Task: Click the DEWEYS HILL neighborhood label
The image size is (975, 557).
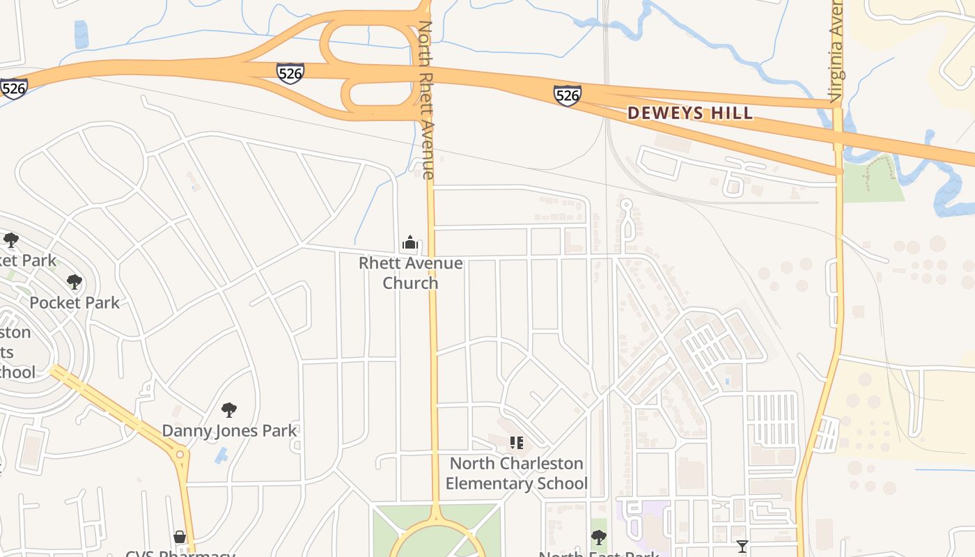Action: click(689, 113)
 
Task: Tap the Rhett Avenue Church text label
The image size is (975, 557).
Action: click(410, 273)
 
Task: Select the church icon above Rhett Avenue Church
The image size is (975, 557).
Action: click(410, 242)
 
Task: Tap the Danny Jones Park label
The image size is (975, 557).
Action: click(229, 431)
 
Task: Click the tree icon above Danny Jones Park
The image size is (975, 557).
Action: click(228, 410)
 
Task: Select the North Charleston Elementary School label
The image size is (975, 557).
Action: click(516, 473)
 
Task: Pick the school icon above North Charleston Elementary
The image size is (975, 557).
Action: click(516, 442)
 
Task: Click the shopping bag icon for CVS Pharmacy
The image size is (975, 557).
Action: click(180, 537)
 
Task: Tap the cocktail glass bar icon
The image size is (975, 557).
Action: click(742, 546)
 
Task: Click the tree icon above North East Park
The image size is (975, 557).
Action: click(598, 537)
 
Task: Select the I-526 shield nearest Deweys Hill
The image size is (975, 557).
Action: click(567, 95)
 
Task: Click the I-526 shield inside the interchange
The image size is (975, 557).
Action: click(290, 72)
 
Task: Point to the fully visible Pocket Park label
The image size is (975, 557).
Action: click(75, 302)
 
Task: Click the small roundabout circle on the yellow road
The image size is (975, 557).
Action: click(180, 455)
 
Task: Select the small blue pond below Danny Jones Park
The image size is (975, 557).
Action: click(221, 456)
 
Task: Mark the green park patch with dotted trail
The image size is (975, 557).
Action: click(873, 180)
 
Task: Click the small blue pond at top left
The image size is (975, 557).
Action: click(81, 34)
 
